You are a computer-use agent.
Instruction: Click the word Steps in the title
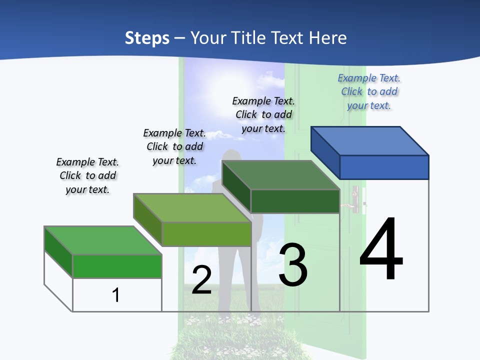147,38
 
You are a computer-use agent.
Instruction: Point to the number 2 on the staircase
201,280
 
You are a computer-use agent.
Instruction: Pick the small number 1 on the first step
116,295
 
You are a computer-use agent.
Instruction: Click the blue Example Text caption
369,91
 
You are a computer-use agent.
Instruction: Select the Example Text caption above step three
263,114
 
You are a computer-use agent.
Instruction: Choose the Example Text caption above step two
174,146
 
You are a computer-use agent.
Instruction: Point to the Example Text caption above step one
87,175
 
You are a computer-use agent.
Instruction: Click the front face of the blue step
384,167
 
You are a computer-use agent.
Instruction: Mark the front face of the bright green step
117,266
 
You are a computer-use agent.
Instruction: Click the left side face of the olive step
148,220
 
